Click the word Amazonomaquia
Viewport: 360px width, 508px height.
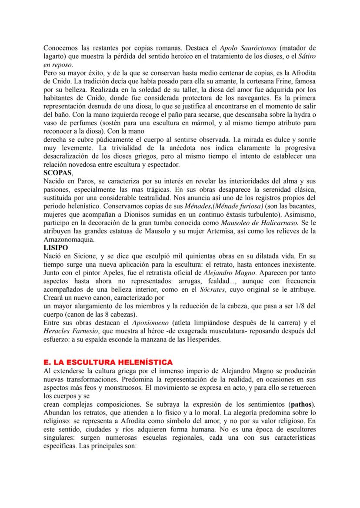tap(68, 239)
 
